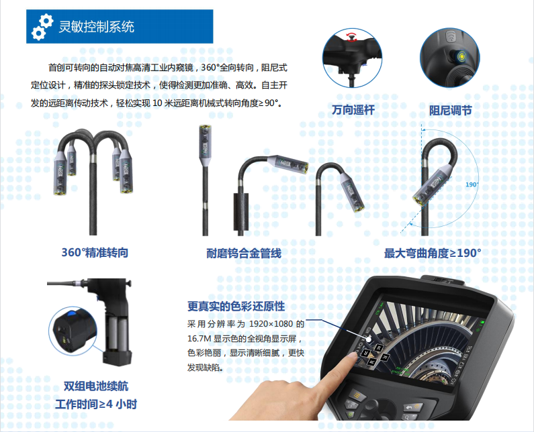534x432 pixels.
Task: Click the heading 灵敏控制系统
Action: coord(96,27)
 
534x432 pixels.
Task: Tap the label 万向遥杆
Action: coord(353,110)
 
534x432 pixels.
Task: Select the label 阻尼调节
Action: coord(450,110)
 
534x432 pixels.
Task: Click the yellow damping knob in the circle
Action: coord(461,56)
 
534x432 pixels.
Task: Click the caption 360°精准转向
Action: coord(95,253)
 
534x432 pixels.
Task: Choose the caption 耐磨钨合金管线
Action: coord(244,254)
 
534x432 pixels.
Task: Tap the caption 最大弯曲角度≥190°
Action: coord(433,254)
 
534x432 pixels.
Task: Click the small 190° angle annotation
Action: coord(472,184)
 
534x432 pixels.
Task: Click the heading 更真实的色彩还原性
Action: coord(236,306)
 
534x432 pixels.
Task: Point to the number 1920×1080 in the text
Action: coord(271,324)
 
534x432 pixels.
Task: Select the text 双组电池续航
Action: coord(96,386)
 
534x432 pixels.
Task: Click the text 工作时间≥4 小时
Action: coord(96,404)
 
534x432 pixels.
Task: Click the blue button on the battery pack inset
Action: coord(71,314)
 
